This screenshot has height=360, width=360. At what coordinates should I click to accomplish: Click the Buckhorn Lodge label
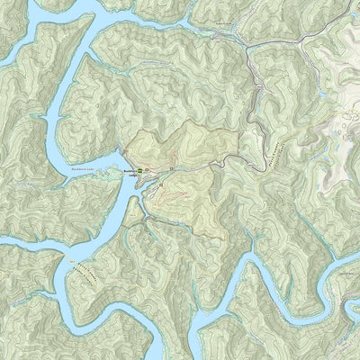coord(128,172)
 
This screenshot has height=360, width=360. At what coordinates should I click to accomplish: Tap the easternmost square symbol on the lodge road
coord(168,168)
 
